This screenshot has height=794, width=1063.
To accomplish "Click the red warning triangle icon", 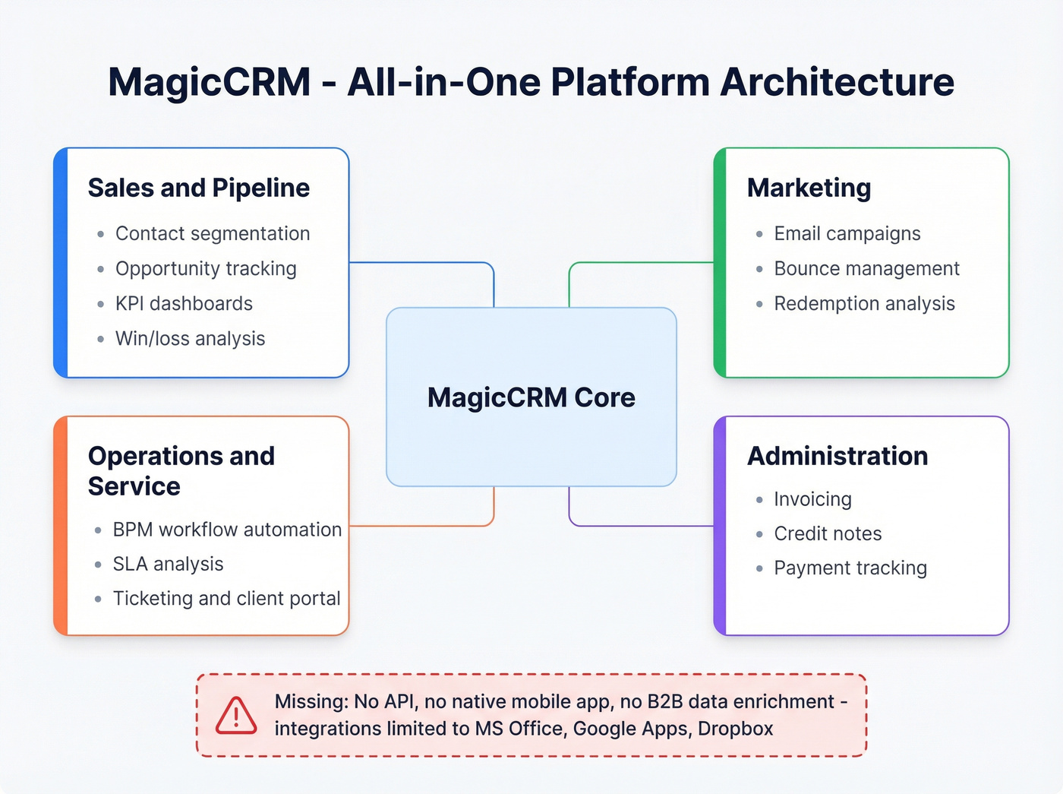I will point(236,716).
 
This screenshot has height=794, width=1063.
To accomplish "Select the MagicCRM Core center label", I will point(531,397).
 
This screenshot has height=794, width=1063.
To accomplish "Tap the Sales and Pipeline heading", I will point(198,188).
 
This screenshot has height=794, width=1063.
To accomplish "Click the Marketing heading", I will point(809,188).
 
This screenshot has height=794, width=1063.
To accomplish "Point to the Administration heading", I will point(837,456).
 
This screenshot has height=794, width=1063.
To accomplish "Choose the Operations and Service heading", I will point(181,471).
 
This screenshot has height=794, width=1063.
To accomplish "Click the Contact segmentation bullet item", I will point(212,233).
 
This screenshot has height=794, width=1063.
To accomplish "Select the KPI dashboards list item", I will point(184,303).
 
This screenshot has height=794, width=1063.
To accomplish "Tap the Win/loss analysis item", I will point(190,338).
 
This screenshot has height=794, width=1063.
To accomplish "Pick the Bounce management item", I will point(866,268).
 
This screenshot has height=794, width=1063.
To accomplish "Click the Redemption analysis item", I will point(864,303).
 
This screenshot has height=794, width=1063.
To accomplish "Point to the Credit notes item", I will point(828,533).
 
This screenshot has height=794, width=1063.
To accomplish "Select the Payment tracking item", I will point(850,568).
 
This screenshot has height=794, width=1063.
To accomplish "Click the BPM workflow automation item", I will point(227,529).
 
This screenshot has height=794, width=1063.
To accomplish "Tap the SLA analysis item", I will point(168,564).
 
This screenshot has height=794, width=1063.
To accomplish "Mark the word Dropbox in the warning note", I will point(735,729).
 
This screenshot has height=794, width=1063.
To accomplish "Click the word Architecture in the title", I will point(837,82).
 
